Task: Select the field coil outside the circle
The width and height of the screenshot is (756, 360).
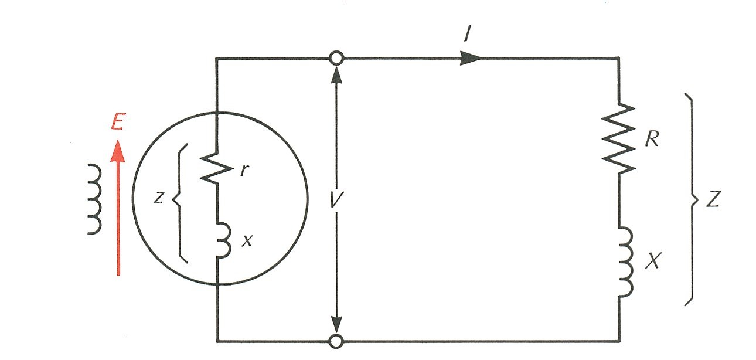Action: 94,199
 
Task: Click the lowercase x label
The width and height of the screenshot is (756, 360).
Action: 247,240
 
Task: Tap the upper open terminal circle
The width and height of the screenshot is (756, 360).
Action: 336,58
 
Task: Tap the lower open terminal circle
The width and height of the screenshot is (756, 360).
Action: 336,341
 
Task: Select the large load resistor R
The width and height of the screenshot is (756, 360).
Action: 619,138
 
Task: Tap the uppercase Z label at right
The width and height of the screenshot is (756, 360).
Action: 713,200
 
